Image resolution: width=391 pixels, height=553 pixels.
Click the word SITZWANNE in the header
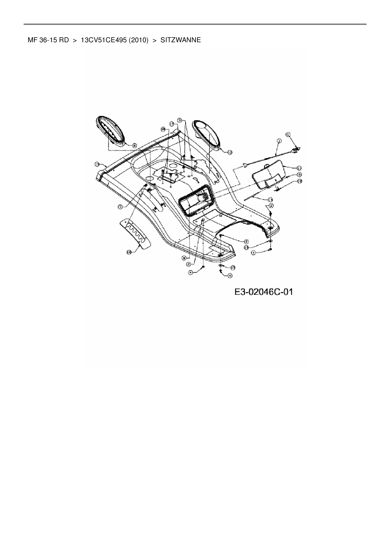180,40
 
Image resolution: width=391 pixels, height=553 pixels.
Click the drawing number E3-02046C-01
264,292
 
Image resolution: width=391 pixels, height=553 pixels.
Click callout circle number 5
288,134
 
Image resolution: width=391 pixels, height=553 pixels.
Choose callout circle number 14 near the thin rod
270,200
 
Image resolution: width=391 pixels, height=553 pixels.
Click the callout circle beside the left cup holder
134,145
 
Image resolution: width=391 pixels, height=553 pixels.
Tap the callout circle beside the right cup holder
230,152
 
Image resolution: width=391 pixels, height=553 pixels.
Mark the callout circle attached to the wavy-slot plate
129,252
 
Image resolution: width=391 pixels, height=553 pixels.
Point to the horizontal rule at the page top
195,24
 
